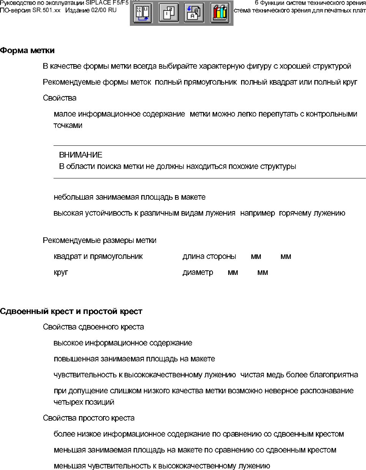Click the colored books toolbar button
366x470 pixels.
pos(220,13)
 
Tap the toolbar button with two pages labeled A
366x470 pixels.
pos(194,13)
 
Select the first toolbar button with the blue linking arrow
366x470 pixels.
pos(143,13)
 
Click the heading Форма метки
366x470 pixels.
pos(27,50)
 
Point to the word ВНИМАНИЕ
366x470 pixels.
pos(80,155)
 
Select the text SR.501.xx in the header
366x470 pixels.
pos(46,10)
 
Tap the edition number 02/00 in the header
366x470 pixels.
pos(98,10)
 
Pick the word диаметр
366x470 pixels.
pos(198,273)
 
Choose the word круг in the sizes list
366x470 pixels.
pos(61,273)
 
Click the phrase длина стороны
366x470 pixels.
pos(209,257)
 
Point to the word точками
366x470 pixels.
pos(68,126)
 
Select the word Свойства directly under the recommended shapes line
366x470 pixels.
pos(60,98)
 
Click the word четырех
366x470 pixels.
pos(67,402)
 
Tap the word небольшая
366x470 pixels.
pos(73,197)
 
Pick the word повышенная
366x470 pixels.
pos(75,359)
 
